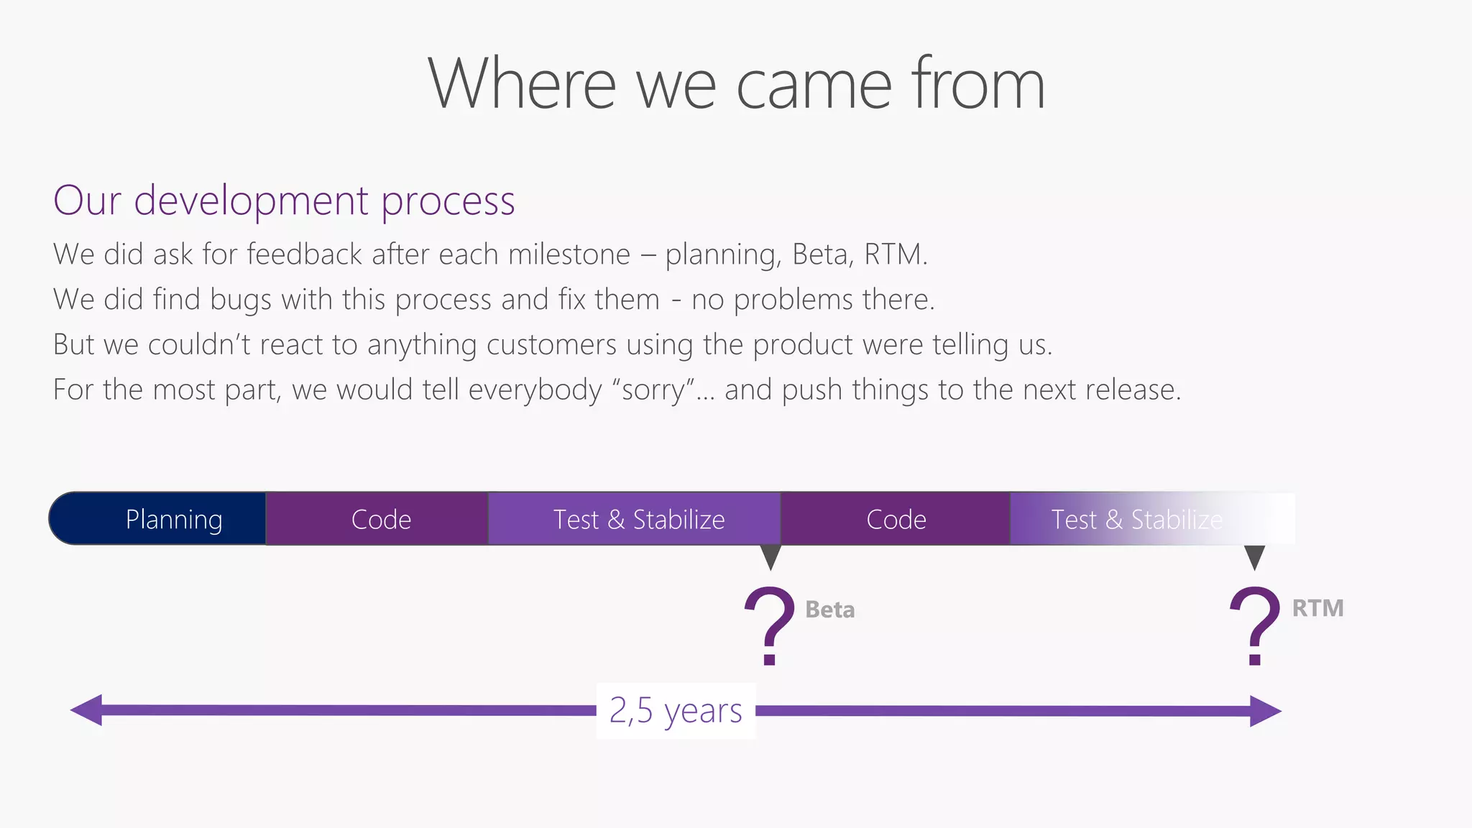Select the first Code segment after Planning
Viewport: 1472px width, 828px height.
(380, 519)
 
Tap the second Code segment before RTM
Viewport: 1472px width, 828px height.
(896, 519)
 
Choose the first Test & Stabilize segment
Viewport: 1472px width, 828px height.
(638, 519)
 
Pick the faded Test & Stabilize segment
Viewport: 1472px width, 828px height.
(1136, 519)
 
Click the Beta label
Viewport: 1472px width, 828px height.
(830, 609)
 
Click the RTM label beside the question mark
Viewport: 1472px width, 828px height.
(1317, 608)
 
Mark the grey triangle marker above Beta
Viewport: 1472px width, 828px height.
(770, 556)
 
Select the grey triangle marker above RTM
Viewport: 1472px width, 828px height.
(1254, 556)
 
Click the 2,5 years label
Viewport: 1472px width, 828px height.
(676, 710)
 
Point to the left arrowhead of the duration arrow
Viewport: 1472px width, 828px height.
(87, 710)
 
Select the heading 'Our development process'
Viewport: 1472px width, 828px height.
(284, 201)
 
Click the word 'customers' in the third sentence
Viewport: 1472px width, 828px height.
(551, 345)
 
